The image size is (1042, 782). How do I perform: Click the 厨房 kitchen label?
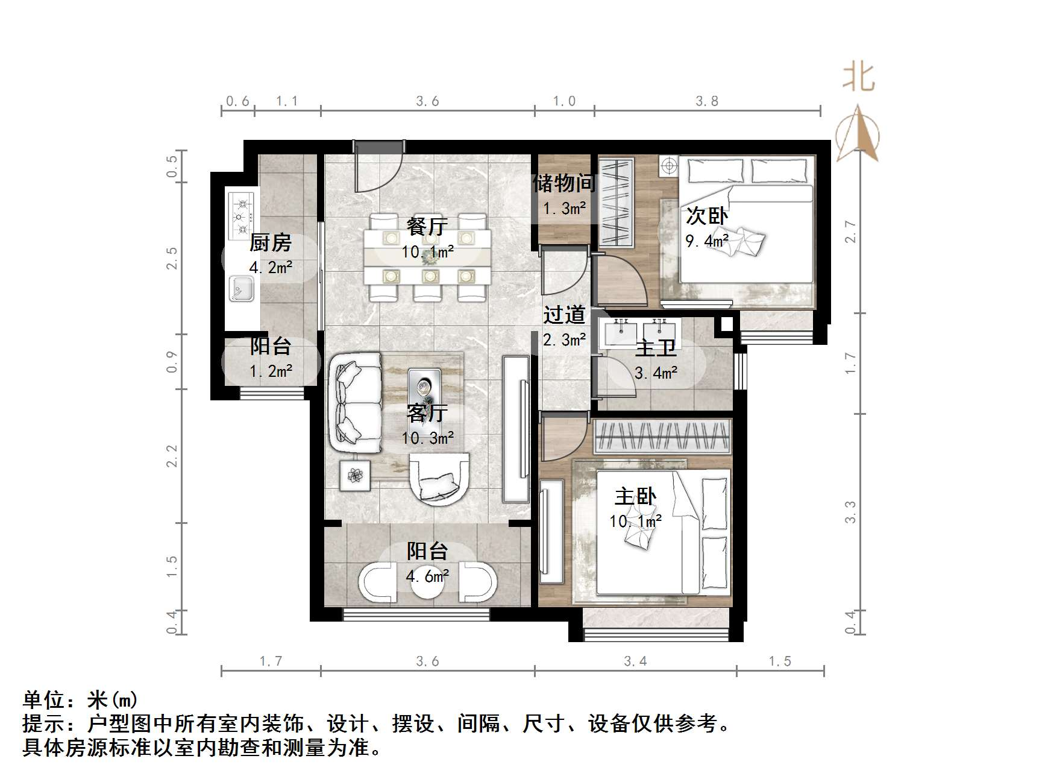coord(270,243)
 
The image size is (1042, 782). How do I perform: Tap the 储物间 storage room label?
coord(564,183)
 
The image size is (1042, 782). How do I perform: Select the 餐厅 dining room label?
coord(427,227)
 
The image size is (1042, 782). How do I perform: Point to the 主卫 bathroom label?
coord(656,348)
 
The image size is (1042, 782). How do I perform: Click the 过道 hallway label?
coord(564,315)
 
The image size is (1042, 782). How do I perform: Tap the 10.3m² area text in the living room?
coord(428,438)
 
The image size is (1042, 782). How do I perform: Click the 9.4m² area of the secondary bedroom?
coord(707,242)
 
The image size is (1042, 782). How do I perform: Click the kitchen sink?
coord(242,288)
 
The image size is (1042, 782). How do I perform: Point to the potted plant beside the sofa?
coord(356,476)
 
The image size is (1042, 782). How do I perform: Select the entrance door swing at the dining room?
coord(377,168)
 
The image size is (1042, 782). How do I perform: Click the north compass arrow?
coord(858,134)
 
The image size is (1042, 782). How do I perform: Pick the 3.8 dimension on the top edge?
coord(707,101)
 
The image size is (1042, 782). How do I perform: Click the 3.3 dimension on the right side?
coord(850,512)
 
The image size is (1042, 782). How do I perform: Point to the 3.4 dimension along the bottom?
coord(635,661)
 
